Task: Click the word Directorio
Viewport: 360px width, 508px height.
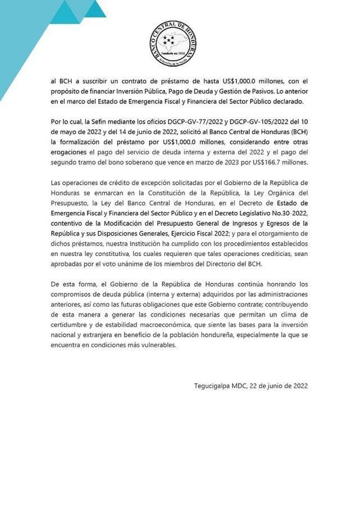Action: coord(243,263)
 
